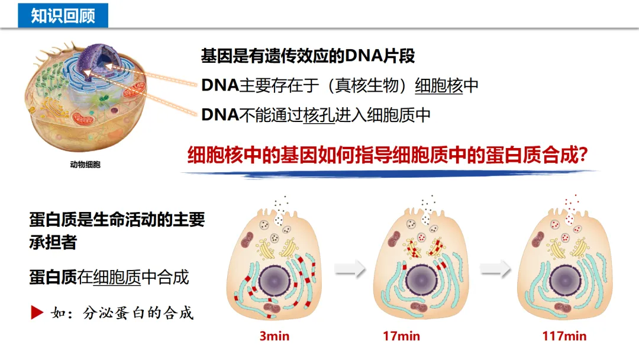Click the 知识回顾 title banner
63,15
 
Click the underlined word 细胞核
438,86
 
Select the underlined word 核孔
319,115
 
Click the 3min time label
275,336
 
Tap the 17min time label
401,336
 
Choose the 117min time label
564,336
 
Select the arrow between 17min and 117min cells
495,269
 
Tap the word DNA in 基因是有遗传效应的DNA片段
366,56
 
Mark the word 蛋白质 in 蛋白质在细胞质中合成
53,277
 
